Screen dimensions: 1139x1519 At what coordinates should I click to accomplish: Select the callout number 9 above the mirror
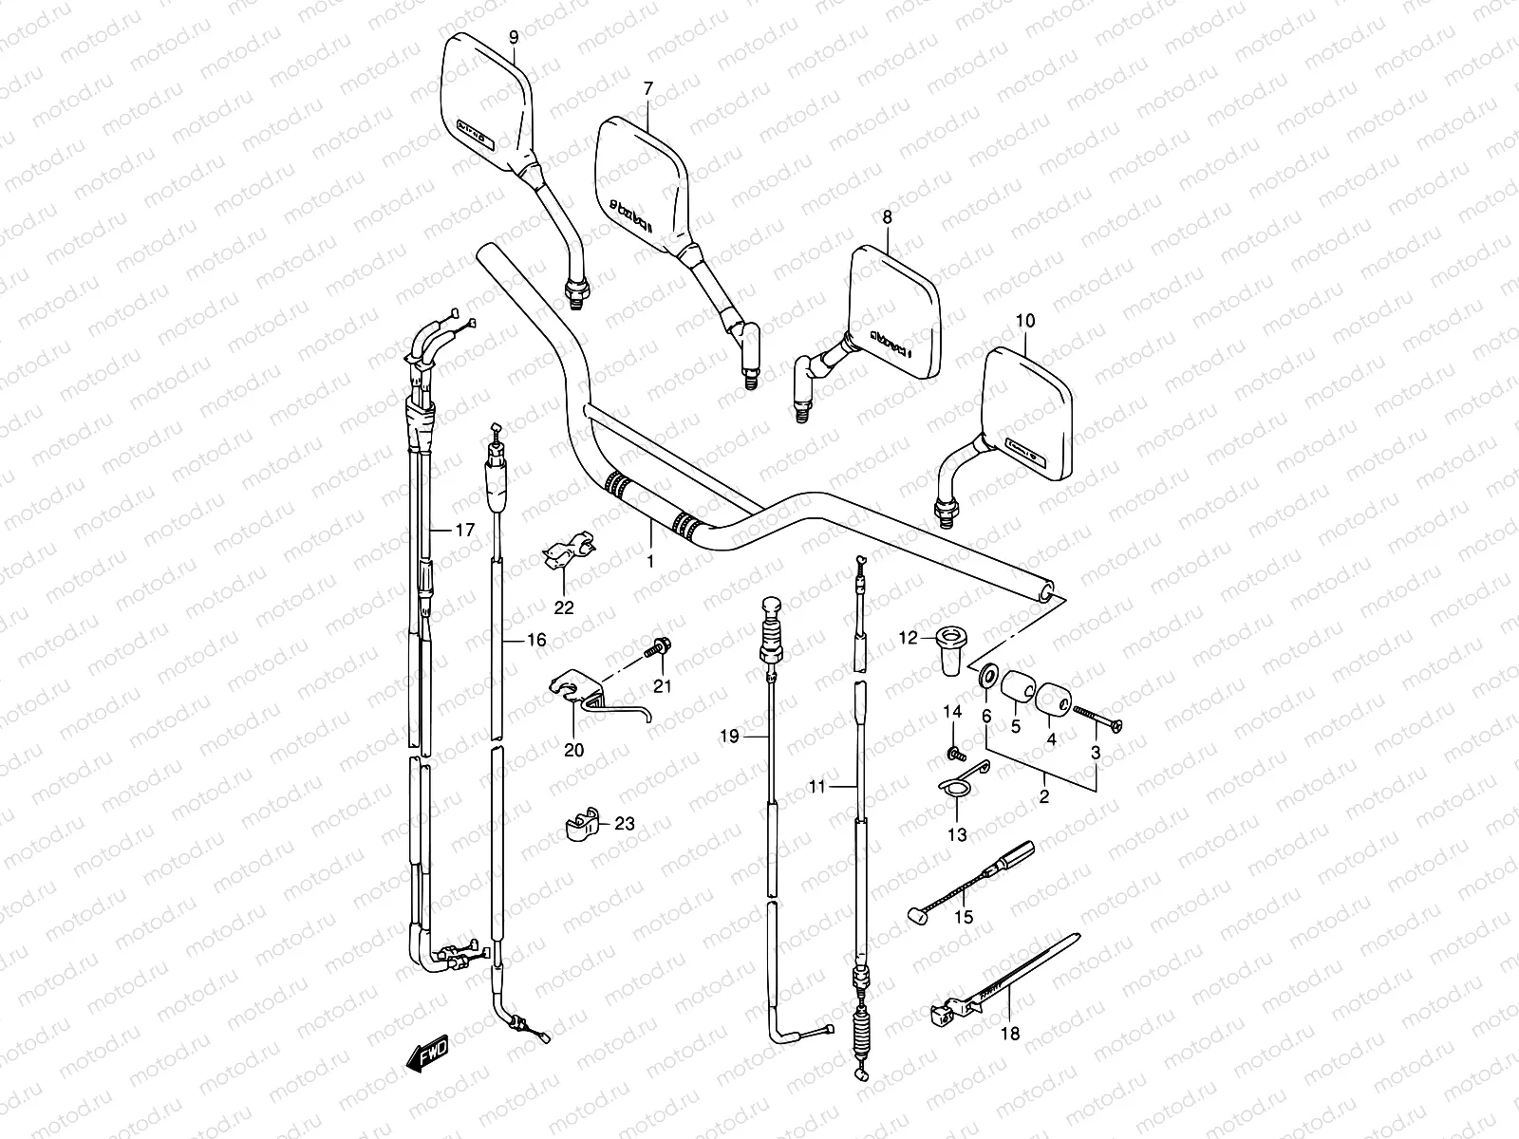[514, 37]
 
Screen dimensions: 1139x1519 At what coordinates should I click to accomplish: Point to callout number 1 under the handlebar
[650, 562]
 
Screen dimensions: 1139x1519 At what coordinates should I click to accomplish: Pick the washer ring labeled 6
[986, 676]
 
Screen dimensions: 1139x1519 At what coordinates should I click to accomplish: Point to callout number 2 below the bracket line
[1043, 797]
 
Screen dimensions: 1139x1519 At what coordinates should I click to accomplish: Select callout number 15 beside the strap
[964, 919]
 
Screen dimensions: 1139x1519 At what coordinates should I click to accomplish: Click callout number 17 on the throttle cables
[463, 531]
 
